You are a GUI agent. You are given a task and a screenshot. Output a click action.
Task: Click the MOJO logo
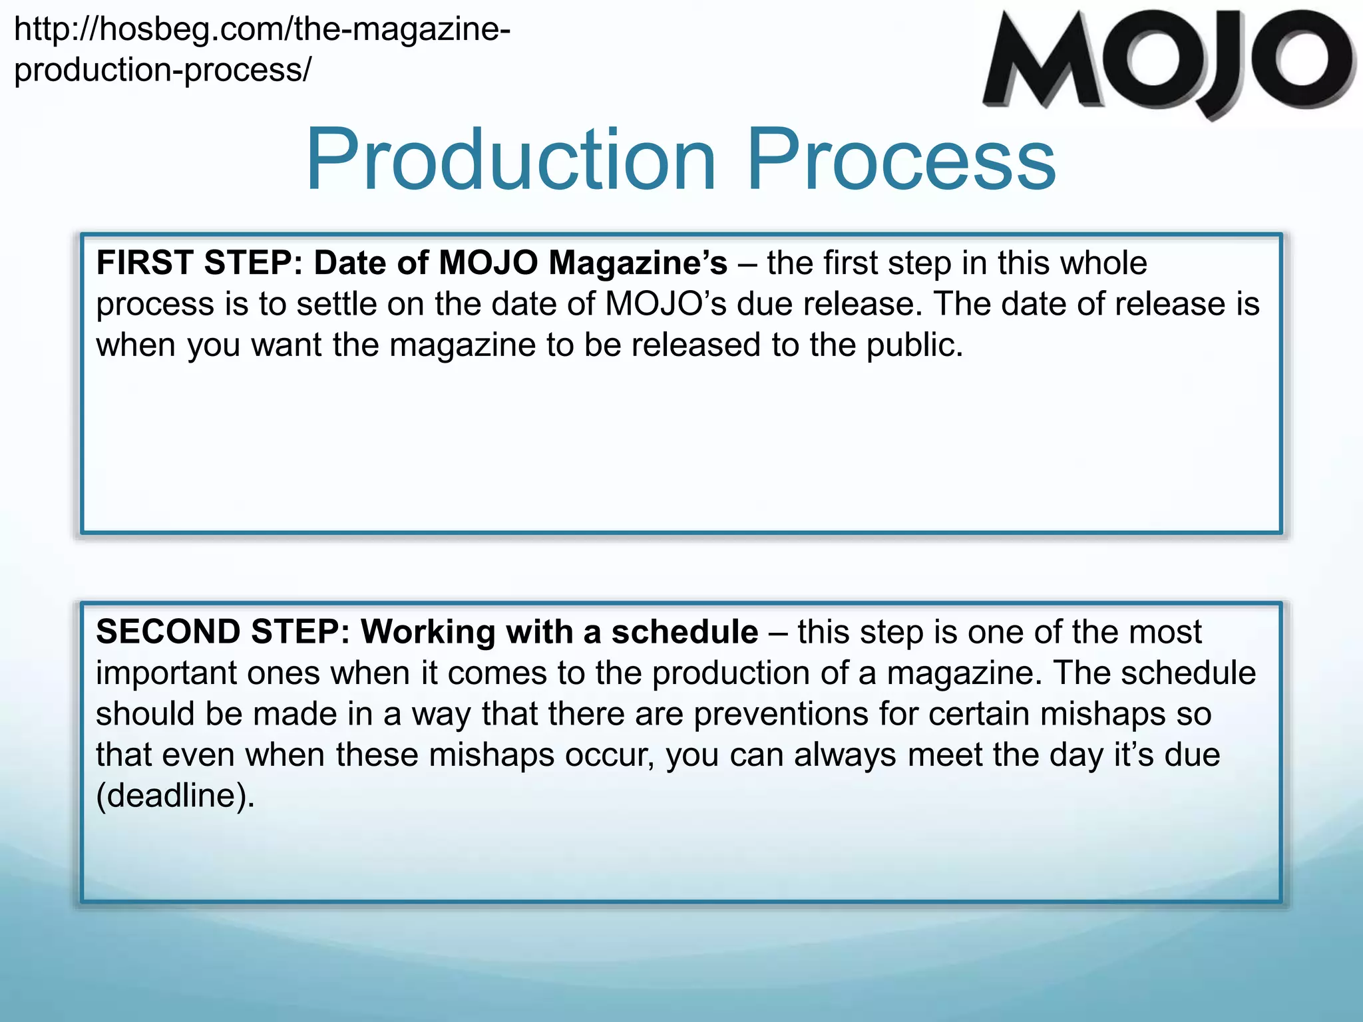1168,63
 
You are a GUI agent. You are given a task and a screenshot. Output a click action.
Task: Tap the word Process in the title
901,160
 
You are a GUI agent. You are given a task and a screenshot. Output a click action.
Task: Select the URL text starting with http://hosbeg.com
262,30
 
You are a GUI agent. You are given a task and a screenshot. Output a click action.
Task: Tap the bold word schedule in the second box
685,632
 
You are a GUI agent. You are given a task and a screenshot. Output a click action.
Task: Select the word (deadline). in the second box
176,796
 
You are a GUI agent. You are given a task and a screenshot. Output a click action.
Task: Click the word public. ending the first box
915,345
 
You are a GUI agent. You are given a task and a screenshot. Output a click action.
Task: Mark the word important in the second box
166,673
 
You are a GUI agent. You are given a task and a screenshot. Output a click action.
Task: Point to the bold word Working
428,632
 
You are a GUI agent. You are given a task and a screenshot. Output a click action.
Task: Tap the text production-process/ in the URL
162,70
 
